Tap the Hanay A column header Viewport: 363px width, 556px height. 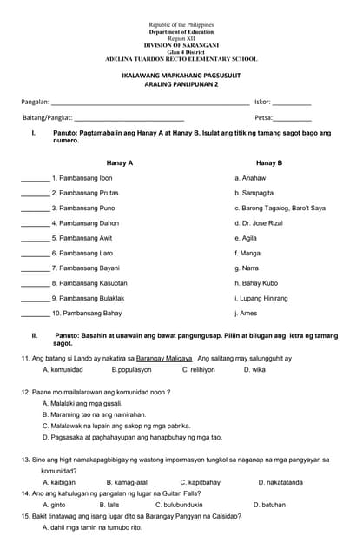(120, 162)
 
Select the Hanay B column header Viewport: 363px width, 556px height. (269, 162)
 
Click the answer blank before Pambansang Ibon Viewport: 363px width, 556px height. (35, 179)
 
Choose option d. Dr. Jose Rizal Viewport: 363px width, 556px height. (259, 223)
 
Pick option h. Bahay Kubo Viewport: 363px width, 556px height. (256, 283)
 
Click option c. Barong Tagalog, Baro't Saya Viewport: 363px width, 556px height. (280, 208)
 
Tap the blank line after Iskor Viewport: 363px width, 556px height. (292, 103)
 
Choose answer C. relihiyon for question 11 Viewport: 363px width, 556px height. (198, 370)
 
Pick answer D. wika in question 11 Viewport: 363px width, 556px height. (254, 370)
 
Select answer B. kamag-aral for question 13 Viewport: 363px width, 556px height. (127, 482)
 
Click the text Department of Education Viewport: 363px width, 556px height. (181, 32)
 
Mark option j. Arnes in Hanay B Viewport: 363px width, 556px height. (246, 313)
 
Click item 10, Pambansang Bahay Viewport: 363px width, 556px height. (87, 313)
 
